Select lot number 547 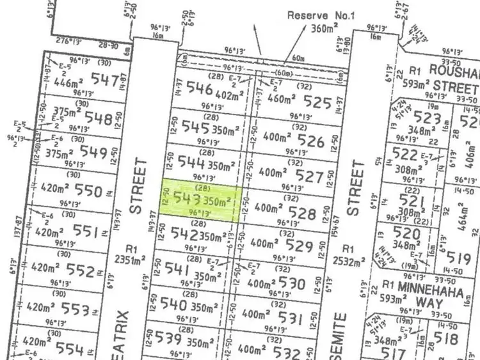coord(106,80)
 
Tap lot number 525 coord(318,101)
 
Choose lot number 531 coord(290,318)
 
